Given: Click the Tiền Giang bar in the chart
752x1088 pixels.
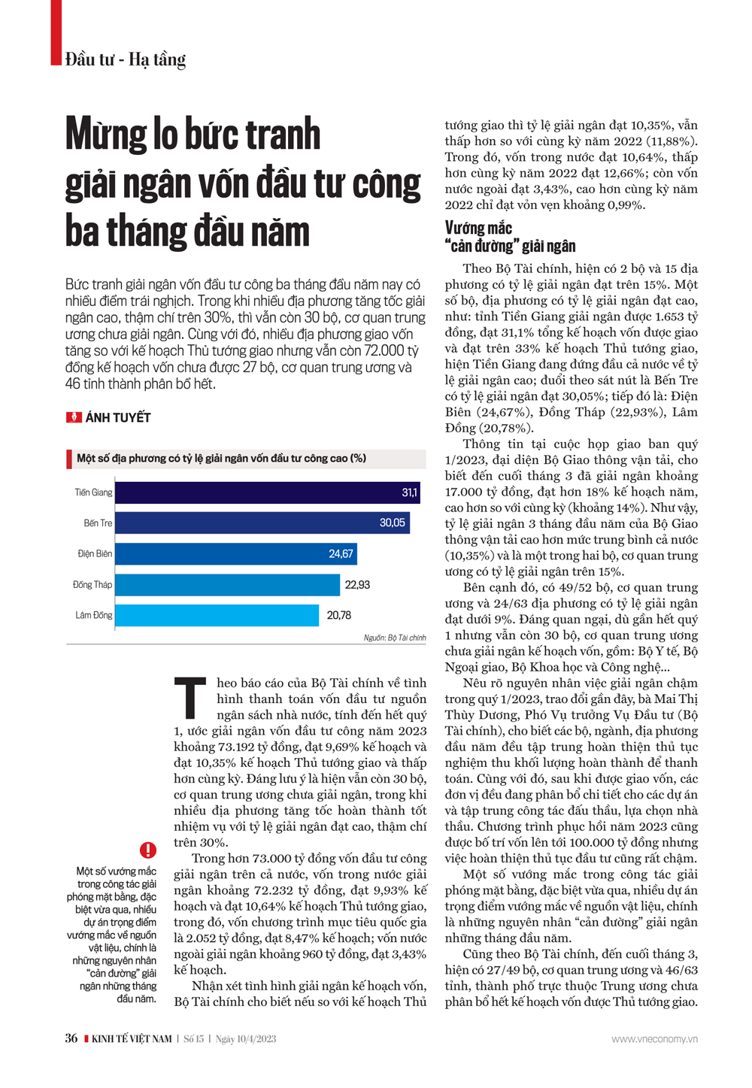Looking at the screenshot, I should [x=267, y=492].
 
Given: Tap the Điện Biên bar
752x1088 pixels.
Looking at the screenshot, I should [x=235, y=553].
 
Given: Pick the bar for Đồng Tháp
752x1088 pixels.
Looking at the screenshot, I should [x=227, y=584].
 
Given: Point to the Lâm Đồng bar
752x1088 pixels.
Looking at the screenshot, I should [x=217, y=615].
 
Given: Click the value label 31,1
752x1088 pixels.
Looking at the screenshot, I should [x=409, y=492].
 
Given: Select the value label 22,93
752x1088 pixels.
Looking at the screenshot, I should [x=357, y=584].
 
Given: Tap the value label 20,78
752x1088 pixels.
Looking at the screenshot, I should [x=338, y=615].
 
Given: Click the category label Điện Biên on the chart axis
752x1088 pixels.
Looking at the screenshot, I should [x=95, y=553].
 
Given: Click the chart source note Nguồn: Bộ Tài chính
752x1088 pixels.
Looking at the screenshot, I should [x=395, y=638].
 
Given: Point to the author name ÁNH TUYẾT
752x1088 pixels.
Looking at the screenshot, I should [x=118, y=417].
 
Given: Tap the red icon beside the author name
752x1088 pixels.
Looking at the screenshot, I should [x=74, y=417].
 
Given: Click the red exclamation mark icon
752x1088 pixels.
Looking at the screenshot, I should [x=148, y=850].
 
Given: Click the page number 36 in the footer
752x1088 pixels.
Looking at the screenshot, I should [x=71, y=1038].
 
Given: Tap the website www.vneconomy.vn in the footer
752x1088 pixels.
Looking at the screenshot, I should [x=654, y=1039].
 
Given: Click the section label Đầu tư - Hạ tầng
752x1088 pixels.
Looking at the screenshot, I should [x=125, y=59].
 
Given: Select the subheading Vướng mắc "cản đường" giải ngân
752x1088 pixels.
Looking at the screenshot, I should [x=510, y=237].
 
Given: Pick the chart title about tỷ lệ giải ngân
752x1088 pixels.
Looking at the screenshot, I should [x=222, y=459].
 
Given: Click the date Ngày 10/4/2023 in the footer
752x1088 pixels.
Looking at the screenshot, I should [x=246, y=1039].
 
